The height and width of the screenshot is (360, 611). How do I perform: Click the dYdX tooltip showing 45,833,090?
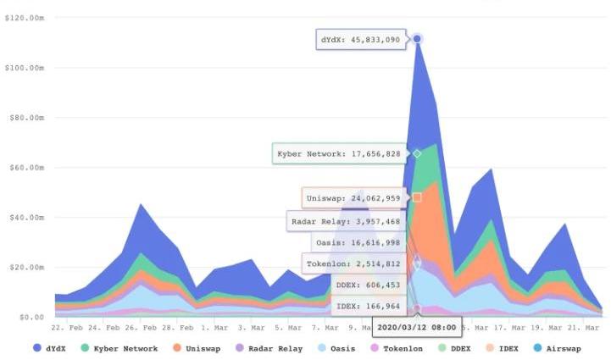pyautogui.click(x=362, y=39)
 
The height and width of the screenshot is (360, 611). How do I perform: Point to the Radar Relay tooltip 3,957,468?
pyautogui.click(x=346, y=222)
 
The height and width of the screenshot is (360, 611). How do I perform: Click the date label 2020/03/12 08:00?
pyautogui.click(x=417, y=326)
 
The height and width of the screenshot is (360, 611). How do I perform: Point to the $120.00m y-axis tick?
pyautogui.click(x=25, y=18)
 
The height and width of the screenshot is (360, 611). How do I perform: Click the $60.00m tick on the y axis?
pyautogui.click(x=26, y=168)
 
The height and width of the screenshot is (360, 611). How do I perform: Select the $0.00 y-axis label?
pyautogui.click(x=32, y=317)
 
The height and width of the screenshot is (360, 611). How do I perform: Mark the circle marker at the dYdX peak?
pyautogui.click(x=417, y=39)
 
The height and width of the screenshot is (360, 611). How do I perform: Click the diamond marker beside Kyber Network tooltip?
pyautogui.click(x=417, y=153)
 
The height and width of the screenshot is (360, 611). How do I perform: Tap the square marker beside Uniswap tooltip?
pyautogui.click(x=417, y=197)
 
